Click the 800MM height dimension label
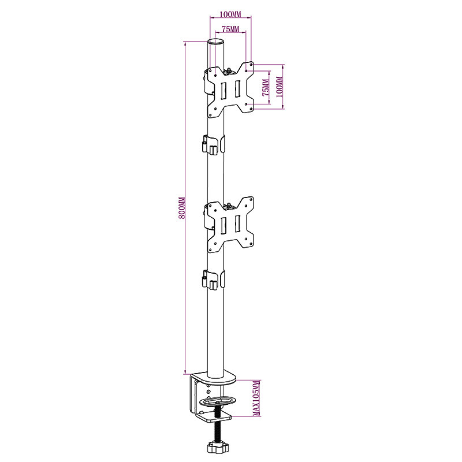(x=182, y=208)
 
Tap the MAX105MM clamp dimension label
(x=256, y=398)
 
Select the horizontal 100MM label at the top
(x=230, y=14)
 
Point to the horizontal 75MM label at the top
(x=230, y=29)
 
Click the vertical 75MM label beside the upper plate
(x=266, y=88)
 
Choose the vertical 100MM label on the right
(x=280, y=87)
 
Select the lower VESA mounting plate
(x=230, y=225)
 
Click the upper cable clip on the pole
(x=213, y=144)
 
